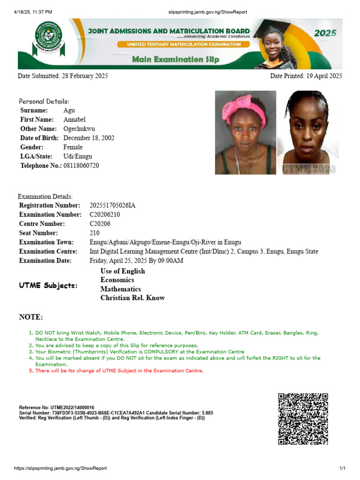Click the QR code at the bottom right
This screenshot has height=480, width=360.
(x=303, y=419)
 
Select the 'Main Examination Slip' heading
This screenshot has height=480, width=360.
(x=175, y=60)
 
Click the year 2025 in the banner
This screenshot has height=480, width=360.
(x=325, y=33)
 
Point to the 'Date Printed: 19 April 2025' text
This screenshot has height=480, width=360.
(x=306, y=76)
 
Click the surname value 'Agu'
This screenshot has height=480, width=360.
(x=69, y=111)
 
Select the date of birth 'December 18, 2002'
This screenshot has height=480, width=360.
(x=89, y=138)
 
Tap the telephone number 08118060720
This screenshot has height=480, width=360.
(x=81, y=166)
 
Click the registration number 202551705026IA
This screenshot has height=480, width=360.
(x=112, y=205)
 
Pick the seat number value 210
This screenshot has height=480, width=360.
(x=94, y=233)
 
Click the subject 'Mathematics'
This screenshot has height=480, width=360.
(x=120, y=289)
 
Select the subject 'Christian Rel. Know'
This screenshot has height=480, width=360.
(x=133, y=298)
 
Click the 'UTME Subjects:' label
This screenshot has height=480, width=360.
(x=48, y=285)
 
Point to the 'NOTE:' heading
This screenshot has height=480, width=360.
(x=31, y=317)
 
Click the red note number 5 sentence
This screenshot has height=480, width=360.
(x=120, y=371)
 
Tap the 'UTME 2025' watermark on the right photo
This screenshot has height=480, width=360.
(x=308, y=169)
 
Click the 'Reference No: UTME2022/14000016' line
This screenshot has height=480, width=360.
(x=57, y=407)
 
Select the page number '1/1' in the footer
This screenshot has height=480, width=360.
(x=342, y=468)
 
